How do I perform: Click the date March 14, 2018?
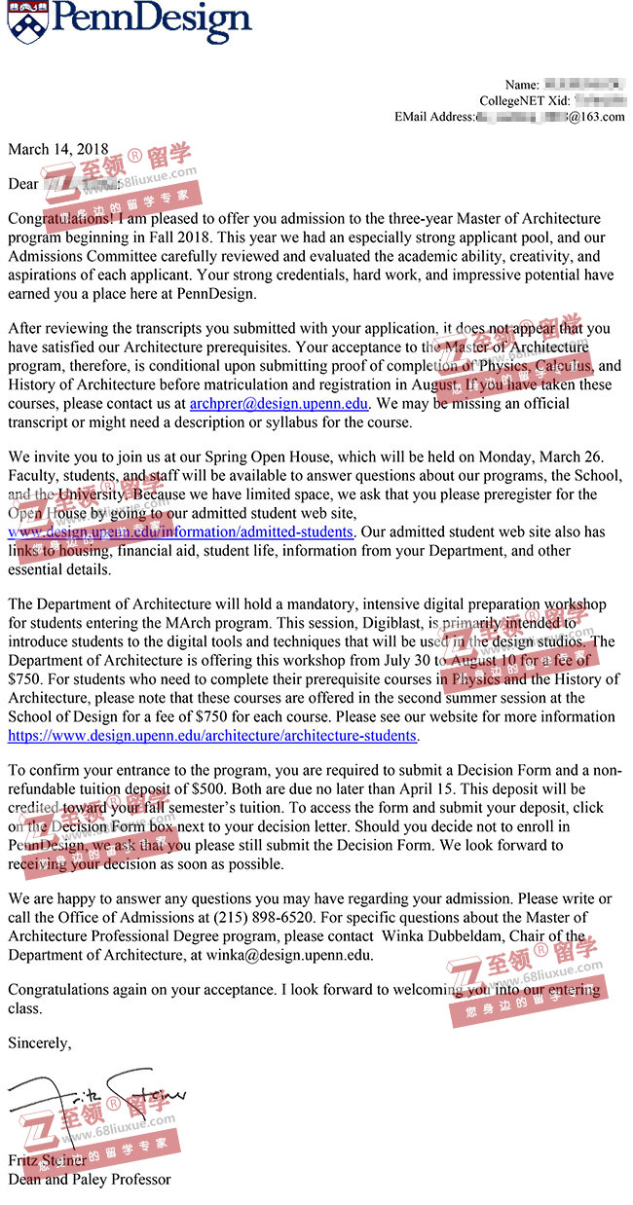[58, 150]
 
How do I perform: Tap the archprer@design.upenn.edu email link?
[279, 403]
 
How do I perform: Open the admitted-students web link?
[180, 532]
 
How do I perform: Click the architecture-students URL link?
[212, 736]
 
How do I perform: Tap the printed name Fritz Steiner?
[47, 1160]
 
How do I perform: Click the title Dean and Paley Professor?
[89, 1179]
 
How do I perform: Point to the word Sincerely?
[39, 1042]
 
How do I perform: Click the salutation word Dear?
[23, 184]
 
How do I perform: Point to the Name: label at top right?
[522, 85]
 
